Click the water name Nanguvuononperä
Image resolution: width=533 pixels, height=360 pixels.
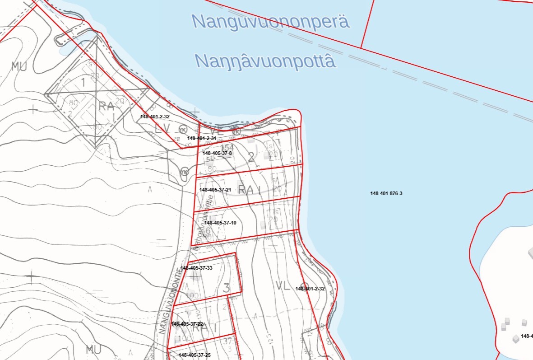[x=271, y=21]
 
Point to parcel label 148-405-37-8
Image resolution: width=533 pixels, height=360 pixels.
[x=217, y=153]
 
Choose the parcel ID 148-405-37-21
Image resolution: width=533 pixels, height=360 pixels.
[x=215, y=190]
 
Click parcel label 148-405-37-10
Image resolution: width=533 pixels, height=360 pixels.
[x=220, y=223]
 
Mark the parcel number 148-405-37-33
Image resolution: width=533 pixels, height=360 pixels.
[x=196, y=268]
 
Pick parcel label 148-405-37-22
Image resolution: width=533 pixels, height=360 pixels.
[x=187, y=324]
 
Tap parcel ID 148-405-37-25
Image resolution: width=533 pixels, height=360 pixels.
[x=195, y=355]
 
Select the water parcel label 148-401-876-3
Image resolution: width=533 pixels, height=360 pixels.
[x=386, y=194]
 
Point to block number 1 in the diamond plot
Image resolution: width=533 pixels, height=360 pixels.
[x=83, y=82]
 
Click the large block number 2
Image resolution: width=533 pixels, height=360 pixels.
[x=251, y=157]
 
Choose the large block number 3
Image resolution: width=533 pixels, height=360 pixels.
[x=227, y=288]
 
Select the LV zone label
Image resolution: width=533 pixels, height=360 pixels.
[x=162, y=129]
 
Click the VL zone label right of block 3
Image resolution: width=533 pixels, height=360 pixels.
[x=282, y=285]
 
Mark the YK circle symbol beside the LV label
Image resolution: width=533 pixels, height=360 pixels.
[x=183, y=128]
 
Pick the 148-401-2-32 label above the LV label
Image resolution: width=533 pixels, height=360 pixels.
[x=155, y=117]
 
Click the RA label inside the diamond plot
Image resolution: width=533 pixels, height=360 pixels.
[x=107, y=107]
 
